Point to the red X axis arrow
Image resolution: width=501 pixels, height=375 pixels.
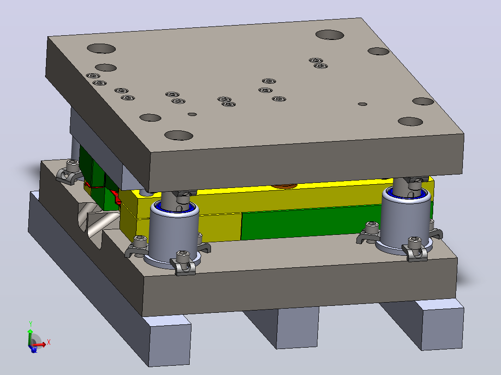tap(39, 344)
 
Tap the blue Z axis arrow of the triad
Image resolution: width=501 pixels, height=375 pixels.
tap(33, 349)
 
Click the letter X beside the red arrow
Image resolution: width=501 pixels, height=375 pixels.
tap(49, 342)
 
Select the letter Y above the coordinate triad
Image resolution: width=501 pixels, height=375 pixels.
tap(31, 324)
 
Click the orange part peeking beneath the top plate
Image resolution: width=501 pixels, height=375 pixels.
tap(284, 185)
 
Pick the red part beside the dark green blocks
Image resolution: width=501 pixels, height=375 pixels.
tap(116, 196)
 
